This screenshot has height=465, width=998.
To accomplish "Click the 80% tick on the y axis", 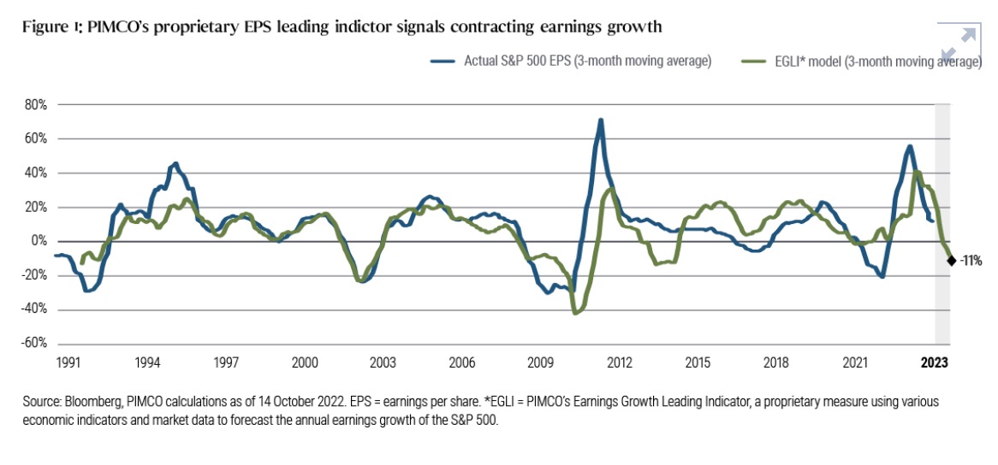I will [x=35, y=104].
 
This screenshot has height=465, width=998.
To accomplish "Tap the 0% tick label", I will [x=39, y=241].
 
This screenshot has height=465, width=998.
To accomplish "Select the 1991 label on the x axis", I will [x=68, y=362].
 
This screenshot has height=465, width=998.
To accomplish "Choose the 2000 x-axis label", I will [x=306, y=362].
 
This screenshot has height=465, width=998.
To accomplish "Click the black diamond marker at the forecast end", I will [x=952, y=261].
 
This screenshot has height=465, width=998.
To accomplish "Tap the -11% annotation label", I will [x=971, y=261].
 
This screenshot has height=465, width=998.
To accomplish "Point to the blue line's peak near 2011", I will [x=601, y=121].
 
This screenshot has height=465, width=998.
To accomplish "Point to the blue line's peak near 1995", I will [x=175, y=163].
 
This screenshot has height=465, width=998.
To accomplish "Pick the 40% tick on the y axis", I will [x=35, y=173].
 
